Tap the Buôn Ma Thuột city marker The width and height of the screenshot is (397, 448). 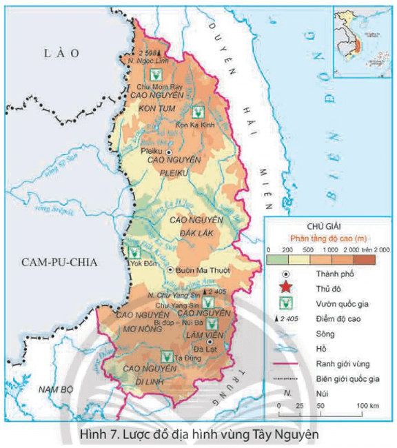(170, 270)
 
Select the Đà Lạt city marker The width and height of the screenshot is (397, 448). (210, 341)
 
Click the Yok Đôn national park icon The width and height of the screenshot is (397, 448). (135, 252)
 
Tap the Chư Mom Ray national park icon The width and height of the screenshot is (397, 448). (157, 74)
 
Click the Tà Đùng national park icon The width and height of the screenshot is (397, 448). (166, 357)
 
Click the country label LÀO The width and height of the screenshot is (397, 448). (61, 53)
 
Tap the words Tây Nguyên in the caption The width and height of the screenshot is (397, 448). (285, 436)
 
